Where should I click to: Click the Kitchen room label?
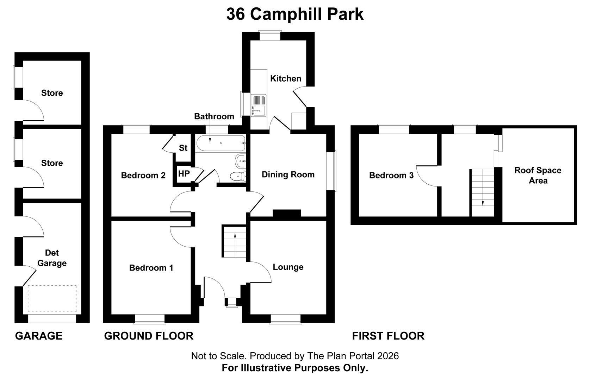[286, 78]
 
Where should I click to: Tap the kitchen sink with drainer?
[259, 106]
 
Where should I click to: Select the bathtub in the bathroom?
[221, 144]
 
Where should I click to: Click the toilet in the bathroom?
[238, 176]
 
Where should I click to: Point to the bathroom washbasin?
[241, 160]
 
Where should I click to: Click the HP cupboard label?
[184, 174]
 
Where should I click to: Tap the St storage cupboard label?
[183, 148]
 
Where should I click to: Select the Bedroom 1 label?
[151, 268]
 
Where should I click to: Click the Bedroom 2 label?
[143, 175]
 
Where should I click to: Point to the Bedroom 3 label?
[391, 175]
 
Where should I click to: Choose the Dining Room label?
[288, 175]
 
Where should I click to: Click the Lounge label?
[288, 267]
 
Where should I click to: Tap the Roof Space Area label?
[538, 176]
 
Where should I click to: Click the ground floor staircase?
[235, 242]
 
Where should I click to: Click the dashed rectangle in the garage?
[52, 299]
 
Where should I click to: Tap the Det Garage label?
[52, 258]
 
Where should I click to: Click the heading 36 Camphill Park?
[295, 14]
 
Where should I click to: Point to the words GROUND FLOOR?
[149, 336]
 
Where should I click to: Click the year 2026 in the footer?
[388, 356]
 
